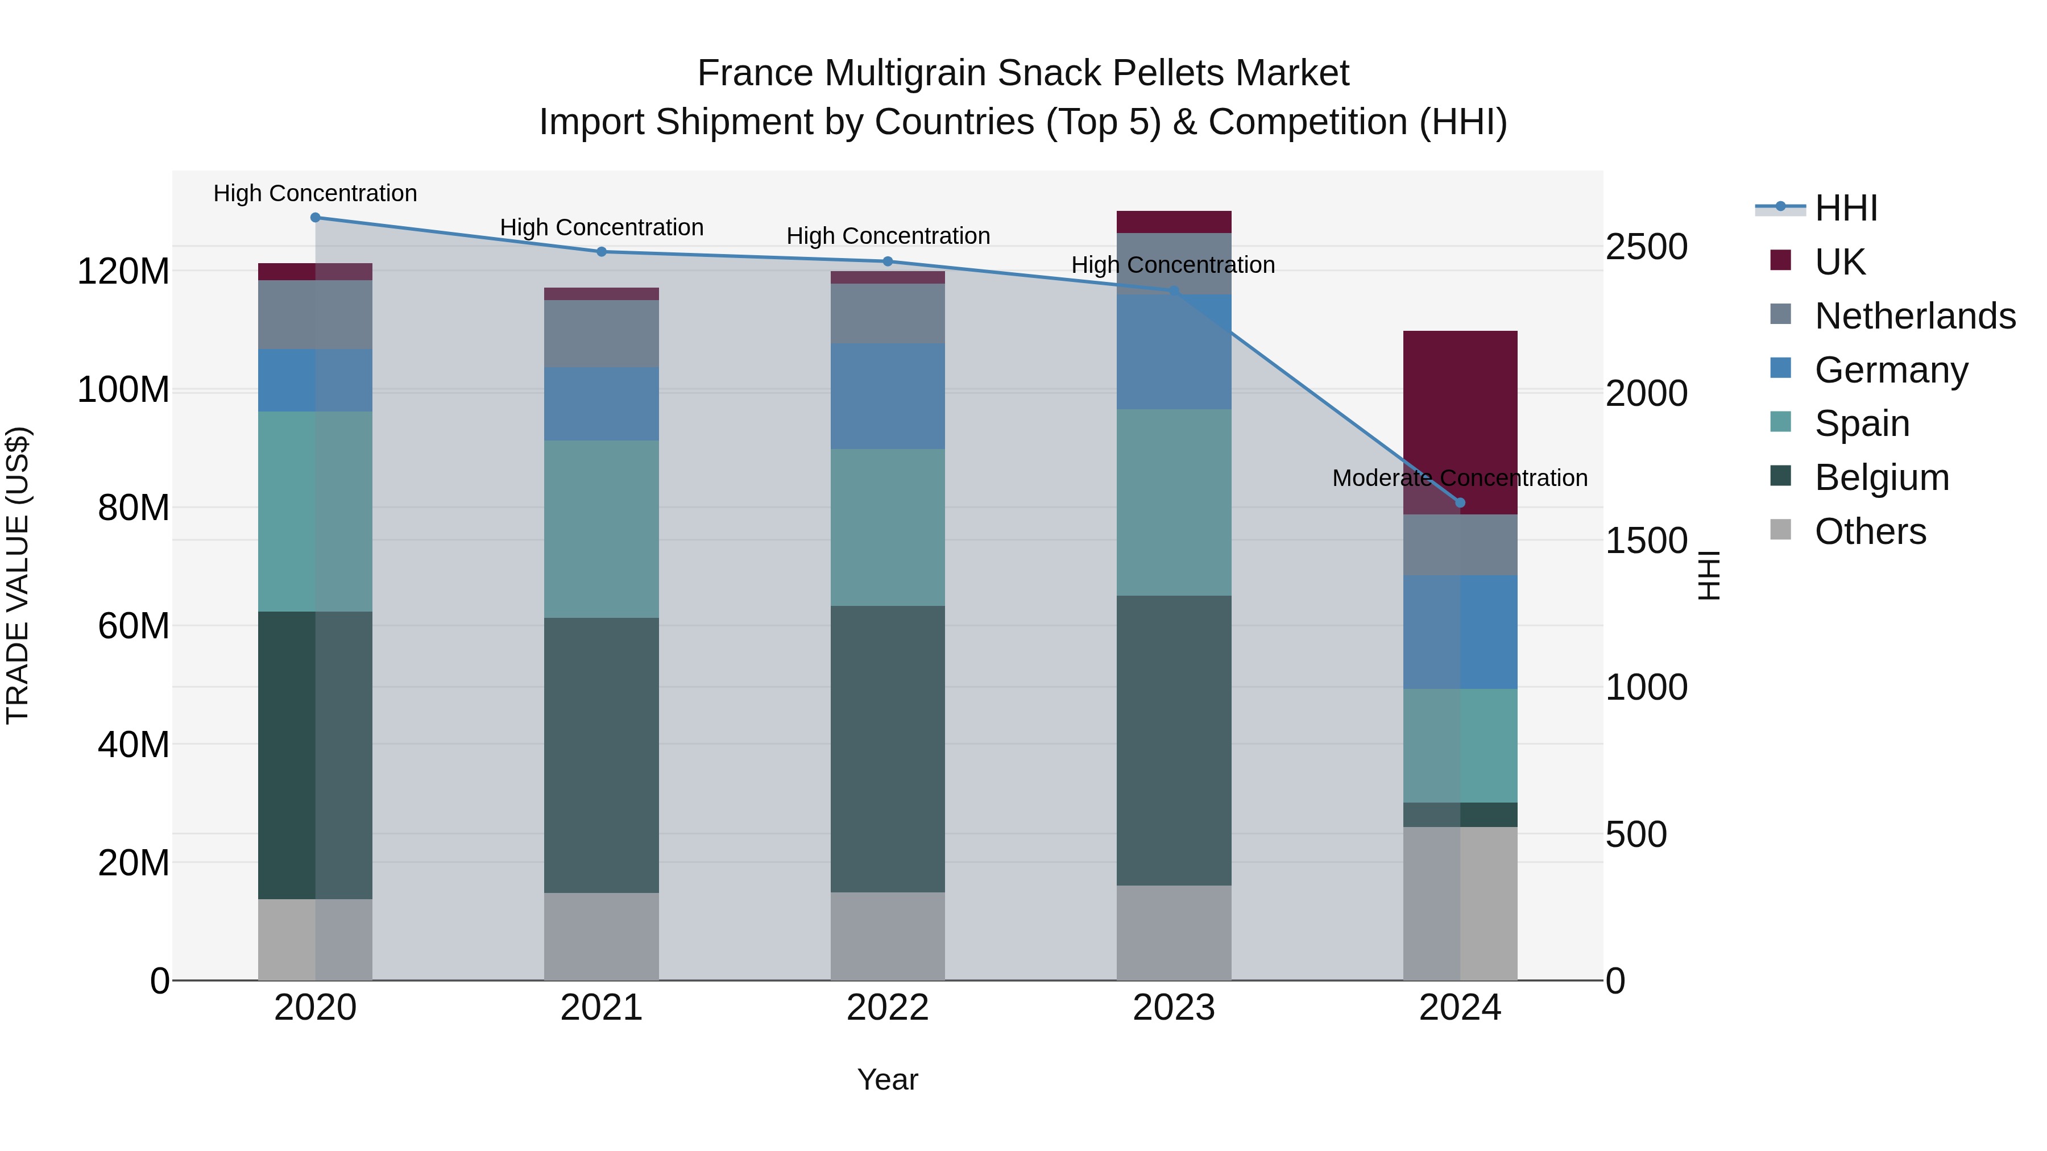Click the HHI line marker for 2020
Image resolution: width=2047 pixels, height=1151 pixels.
pos(316,217)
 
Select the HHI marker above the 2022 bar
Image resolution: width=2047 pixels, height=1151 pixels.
pos(888,261)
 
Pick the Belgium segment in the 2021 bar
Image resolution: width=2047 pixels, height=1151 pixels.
pos(602,755)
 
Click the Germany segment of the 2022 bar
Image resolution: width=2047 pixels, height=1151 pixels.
pos(888,396)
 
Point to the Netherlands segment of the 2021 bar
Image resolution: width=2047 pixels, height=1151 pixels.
pos(602,334)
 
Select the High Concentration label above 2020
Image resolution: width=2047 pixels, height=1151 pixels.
pos(316,193)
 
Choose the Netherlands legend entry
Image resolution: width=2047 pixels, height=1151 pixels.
pos(1915,316)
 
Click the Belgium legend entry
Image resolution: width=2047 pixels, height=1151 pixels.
pos(1882,477)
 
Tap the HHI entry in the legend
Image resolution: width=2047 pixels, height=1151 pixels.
pos(1845,208)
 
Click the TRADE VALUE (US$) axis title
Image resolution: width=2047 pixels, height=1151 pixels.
pos(18,575)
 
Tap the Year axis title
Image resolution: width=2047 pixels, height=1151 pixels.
pos(888,1079)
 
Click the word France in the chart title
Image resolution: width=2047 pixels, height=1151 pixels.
pos(756,73)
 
